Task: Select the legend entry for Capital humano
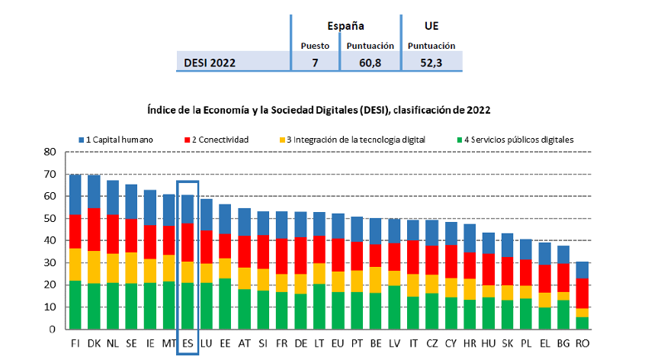117,140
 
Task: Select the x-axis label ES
188,344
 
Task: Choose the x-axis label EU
338,344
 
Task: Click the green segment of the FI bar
75,305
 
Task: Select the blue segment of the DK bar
93,191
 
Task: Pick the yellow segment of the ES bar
188,272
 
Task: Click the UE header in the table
431,25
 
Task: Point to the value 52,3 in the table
431,63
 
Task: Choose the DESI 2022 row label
210,63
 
